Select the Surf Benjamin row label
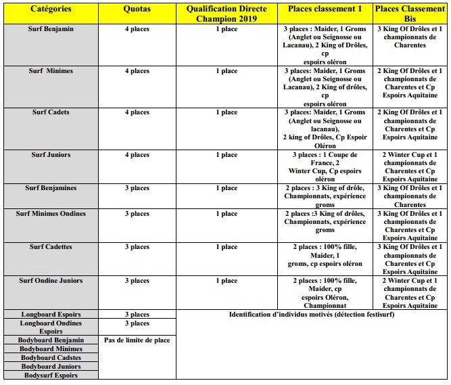pos(51,30)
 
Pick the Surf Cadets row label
pos(51,112)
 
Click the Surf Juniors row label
pos(51,155)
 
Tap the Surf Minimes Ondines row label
pos(51,214)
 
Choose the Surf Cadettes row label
pos(51,247)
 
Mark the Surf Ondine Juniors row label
pos(51,281)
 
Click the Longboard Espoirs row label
pos(51,314)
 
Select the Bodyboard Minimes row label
pos(51,348)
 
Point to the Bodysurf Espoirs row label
pos(51,375)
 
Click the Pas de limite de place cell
pos(137,340)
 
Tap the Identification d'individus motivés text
pos(312,315)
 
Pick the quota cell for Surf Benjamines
pos(137,188)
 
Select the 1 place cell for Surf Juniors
pos(227,155)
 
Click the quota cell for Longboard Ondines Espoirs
pos(137,323)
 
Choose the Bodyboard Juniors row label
pos(51,366)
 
